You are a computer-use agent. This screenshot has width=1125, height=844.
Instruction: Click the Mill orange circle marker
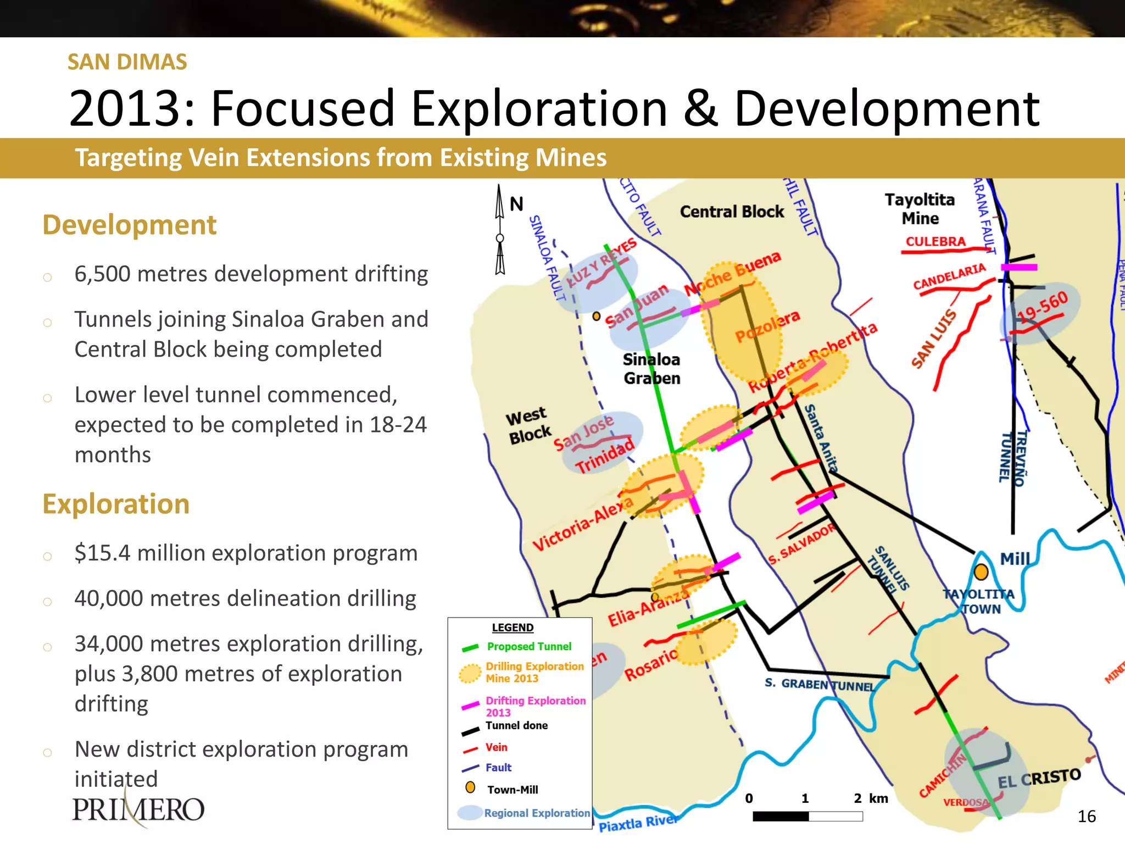pos(981,572)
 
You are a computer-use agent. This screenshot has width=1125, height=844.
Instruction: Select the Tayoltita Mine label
pos(920,209)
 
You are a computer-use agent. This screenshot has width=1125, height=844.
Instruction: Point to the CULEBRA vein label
pos(935,241)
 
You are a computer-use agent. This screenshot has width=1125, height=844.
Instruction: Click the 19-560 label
pos(1042,307)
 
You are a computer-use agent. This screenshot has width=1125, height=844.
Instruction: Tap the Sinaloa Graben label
pos(651,369)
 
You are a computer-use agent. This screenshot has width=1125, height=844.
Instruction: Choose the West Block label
pos(528,425)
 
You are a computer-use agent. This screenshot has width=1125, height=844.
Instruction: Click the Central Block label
pos(732,212)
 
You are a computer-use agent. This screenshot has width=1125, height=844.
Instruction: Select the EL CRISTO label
pos(1039,778)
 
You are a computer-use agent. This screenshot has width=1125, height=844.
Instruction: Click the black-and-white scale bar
pos(807,817)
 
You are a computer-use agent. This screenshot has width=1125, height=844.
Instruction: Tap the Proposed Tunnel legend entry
pos(528,647)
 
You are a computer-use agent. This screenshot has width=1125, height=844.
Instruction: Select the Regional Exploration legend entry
pos(536,813)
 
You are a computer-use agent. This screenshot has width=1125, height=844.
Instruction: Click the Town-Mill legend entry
pos(512,790)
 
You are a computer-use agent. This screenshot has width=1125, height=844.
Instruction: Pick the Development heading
pos(130,225)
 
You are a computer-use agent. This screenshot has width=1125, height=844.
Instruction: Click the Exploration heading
pos(116,504)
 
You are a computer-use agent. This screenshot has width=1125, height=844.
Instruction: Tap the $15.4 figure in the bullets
pos(102,553)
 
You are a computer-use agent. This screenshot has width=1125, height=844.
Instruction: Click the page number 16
pos(1086,817)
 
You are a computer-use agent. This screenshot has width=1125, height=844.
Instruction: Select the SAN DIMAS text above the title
pos(127,62)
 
